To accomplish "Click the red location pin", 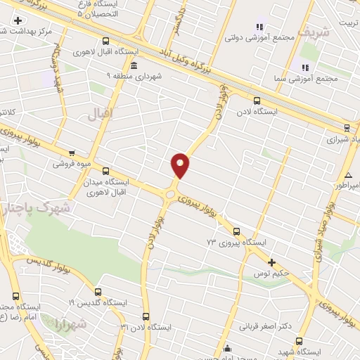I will click(180, 165).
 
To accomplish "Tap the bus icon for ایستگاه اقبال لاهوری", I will click(106, 41).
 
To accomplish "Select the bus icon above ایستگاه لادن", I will click(257, 100).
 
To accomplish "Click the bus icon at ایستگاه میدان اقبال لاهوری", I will click(106, 171).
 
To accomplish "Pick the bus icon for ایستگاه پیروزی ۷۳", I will click(236, 231).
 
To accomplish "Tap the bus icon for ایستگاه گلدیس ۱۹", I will click(97, 291).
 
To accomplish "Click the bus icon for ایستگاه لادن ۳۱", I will click(146, 316).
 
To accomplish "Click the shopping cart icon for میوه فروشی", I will click(71, 153).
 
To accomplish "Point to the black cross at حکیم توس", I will click(271, 262).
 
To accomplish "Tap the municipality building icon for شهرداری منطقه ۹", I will click(134, 65).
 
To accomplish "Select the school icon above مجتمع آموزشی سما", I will click(305, 67).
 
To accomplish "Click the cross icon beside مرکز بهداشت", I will click(17, 20).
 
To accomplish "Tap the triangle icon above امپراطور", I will click(348, 174).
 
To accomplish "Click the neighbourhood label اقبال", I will click(101, 114).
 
